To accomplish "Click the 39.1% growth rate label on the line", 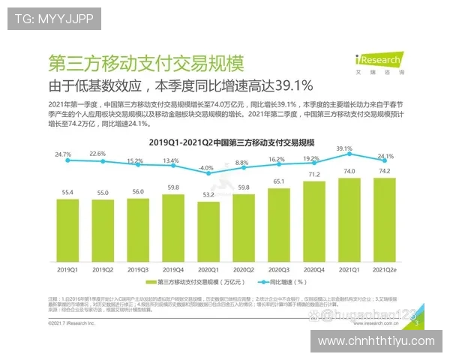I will tap(344, 148).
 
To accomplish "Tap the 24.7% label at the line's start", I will tap(63, 154).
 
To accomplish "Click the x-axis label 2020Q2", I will tap(242, 268).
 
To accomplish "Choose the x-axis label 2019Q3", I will tap(137, 268).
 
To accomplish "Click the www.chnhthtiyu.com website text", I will tap(376, 341).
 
